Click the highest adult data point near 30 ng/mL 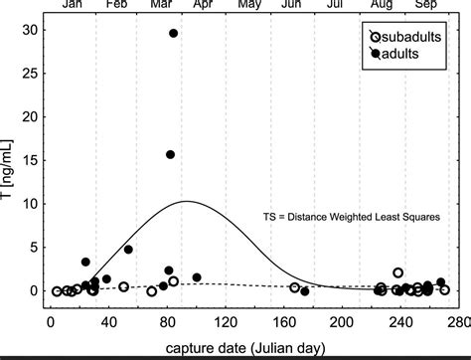point(173,33)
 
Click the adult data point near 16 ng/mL point(170,154)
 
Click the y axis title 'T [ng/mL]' point(9,161)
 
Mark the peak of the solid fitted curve point(186,202)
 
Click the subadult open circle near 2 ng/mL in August point(398,272)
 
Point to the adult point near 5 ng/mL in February point(128,249)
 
